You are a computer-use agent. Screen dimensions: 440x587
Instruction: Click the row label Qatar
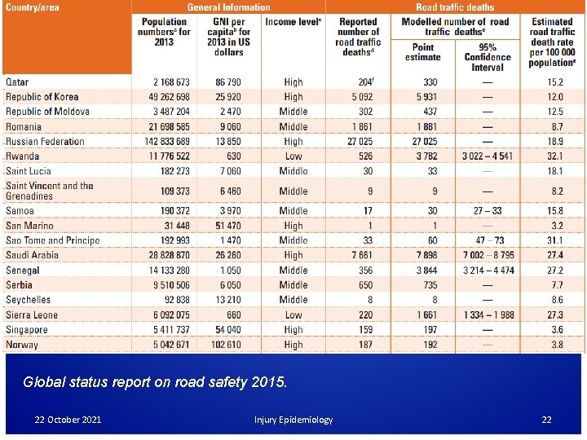[x=17, y=81]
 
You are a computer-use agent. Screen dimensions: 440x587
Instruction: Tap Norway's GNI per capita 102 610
[x=222, y=345]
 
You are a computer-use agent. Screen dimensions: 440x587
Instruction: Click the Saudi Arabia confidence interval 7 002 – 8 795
[x=489, y=255]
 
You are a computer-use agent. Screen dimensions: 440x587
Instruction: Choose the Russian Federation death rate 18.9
[x=555, y=142]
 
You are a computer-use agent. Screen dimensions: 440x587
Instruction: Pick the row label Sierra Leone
[x=32, y=315]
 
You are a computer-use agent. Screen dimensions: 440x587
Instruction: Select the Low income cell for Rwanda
[x=293, y=156]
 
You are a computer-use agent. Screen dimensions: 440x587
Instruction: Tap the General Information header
[x=228, y=7]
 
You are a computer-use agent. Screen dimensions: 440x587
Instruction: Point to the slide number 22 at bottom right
[x=547, y=420]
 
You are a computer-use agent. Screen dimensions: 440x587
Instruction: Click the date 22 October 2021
[x=68, y=420]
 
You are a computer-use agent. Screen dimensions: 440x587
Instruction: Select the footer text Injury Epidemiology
[x=293, y=420]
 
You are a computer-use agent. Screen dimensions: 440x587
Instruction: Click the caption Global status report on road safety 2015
[x=155, y=381]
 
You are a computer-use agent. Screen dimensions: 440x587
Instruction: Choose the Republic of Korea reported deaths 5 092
[x=358, y=96]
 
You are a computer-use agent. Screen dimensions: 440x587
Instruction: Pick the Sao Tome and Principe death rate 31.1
[x=555, y=240]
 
